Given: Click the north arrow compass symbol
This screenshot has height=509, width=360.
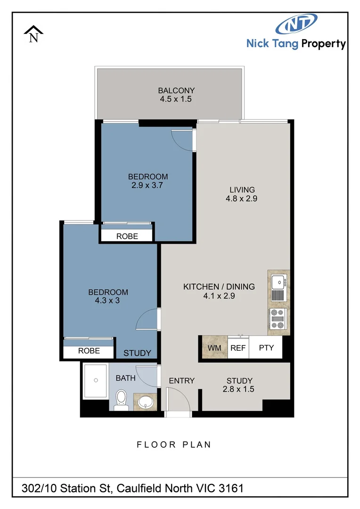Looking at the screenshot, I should point(33,34).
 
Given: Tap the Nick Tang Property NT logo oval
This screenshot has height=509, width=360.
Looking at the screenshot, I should point(297,25).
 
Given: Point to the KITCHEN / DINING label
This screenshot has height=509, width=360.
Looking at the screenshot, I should point(219,287).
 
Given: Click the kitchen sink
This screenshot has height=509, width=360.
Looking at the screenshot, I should point(278,282).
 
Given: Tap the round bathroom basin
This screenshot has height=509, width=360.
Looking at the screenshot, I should point(146,402).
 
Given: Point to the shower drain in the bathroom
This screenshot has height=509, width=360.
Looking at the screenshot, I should point(96,380).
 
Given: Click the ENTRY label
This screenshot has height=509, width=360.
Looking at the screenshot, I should point(181,381).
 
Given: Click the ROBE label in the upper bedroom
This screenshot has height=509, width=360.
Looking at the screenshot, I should point(127,236).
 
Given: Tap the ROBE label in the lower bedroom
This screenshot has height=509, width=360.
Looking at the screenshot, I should point(89,351).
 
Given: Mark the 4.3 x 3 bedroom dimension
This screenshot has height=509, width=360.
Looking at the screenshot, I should point(108,301).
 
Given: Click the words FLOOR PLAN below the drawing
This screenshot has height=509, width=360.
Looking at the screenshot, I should point(174,444).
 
